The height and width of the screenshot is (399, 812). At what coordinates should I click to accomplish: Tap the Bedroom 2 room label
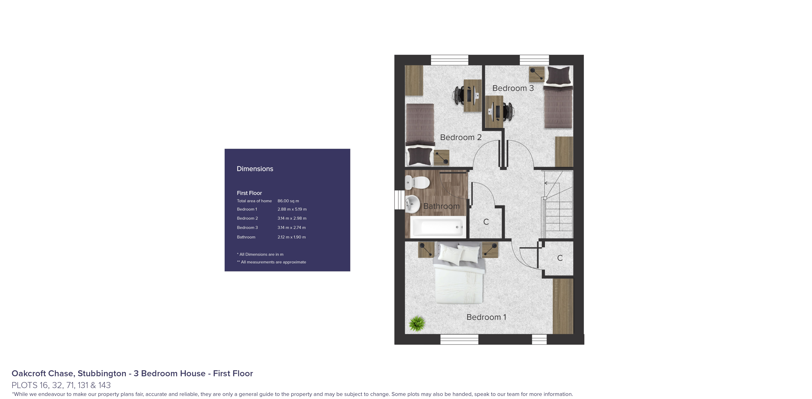(461, 137)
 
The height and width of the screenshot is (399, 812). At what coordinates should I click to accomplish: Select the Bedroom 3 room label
(513, 88)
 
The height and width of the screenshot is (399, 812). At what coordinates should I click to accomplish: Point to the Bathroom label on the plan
(441, 206)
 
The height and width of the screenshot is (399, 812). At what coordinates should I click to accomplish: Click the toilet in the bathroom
(418, 182)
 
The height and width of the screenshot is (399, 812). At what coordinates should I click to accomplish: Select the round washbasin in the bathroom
(412, 204)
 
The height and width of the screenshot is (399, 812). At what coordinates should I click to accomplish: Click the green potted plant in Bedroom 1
(417, 323)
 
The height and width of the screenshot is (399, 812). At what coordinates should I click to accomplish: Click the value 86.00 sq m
(288, 201)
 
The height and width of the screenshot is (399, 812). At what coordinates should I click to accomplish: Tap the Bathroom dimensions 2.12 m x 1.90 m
(292, 237)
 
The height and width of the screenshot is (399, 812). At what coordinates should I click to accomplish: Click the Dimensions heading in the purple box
(255, 169)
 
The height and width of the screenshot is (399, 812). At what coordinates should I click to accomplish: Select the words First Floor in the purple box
(249, 193)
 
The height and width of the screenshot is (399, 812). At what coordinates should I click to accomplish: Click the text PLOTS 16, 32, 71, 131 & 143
(61, 385)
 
